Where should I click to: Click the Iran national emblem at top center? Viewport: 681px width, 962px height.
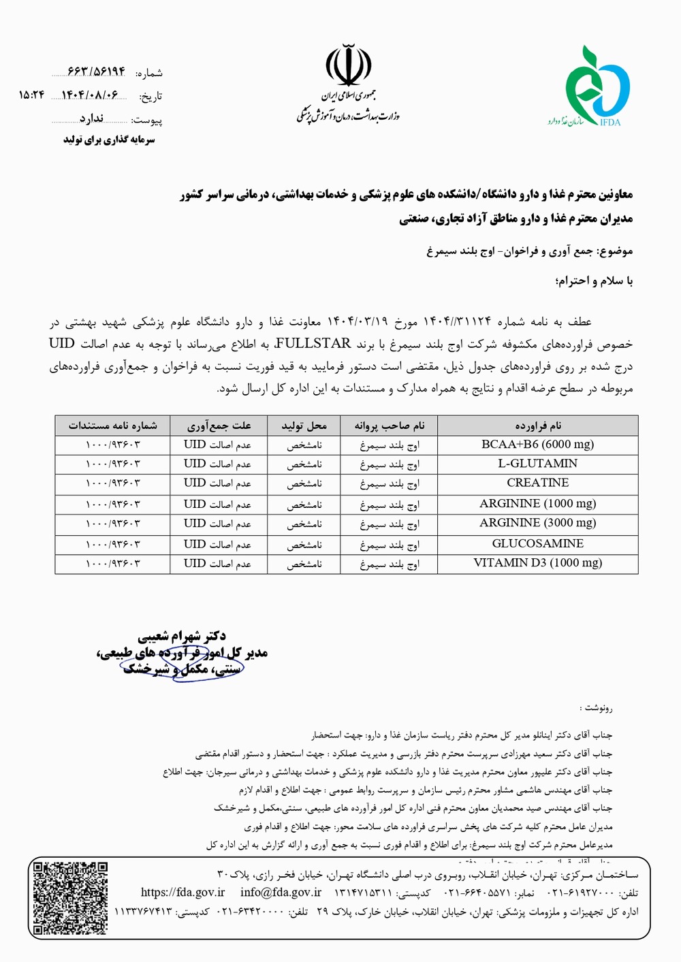(x=348, y=65)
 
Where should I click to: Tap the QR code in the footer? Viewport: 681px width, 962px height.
(x=71, y=897)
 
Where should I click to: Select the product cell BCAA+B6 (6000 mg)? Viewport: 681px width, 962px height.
(x=537, y=445)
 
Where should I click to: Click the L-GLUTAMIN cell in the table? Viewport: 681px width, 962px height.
(x=537, y=464)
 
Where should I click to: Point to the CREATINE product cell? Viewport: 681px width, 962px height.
(x=537, y=483)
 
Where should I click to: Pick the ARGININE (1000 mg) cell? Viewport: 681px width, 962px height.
(x=537, y=504)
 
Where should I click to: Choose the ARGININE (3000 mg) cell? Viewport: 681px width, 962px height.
(x=537, y=523)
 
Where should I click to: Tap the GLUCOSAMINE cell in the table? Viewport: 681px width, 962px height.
(x=537, y=544)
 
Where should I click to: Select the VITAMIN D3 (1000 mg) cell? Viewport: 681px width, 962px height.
(x=537, y=563)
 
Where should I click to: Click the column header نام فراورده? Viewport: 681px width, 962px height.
(x=537, y=426)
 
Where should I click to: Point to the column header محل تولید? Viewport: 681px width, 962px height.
(x=304, y=426)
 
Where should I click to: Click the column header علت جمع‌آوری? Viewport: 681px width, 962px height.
(x=219, y=426)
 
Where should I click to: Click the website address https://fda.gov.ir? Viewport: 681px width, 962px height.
(x=183, y=893)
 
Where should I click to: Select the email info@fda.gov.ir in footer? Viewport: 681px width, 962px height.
(x=281, y=893)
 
